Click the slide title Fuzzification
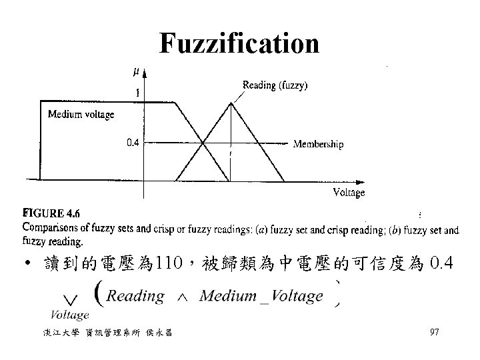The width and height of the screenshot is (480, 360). [x=239, y=44]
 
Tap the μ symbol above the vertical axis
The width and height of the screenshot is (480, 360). [x=137, y=69]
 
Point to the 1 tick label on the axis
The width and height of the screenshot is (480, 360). [x=137, y=93]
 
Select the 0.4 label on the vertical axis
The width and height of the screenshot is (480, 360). [x=133, y=141]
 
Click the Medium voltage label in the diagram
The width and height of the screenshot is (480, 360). [x=81, y=115]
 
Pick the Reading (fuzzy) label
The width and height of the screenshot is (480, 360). [x=275, y=85]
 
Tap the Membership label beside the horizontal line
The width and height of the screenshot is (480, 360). [x=319, y=144]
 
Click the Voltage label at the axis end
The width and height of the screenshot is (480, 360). [x=349, y=193]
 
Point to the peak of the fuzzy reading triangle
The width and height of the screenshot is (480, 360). [x=230, y=102]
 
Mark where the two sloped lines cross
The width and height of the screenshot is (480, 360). [x=203, y=141]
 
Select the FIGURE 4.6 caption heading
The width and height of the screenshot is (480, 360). [x=51, y=213]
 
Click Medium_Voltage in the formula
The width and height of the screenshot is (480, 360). [x=261, y=296]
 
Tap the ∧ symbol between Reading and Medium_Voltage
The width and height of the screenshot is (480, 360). [x=181, y=297]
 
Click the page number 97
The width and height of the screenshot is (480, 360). [x=434, y=332]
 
